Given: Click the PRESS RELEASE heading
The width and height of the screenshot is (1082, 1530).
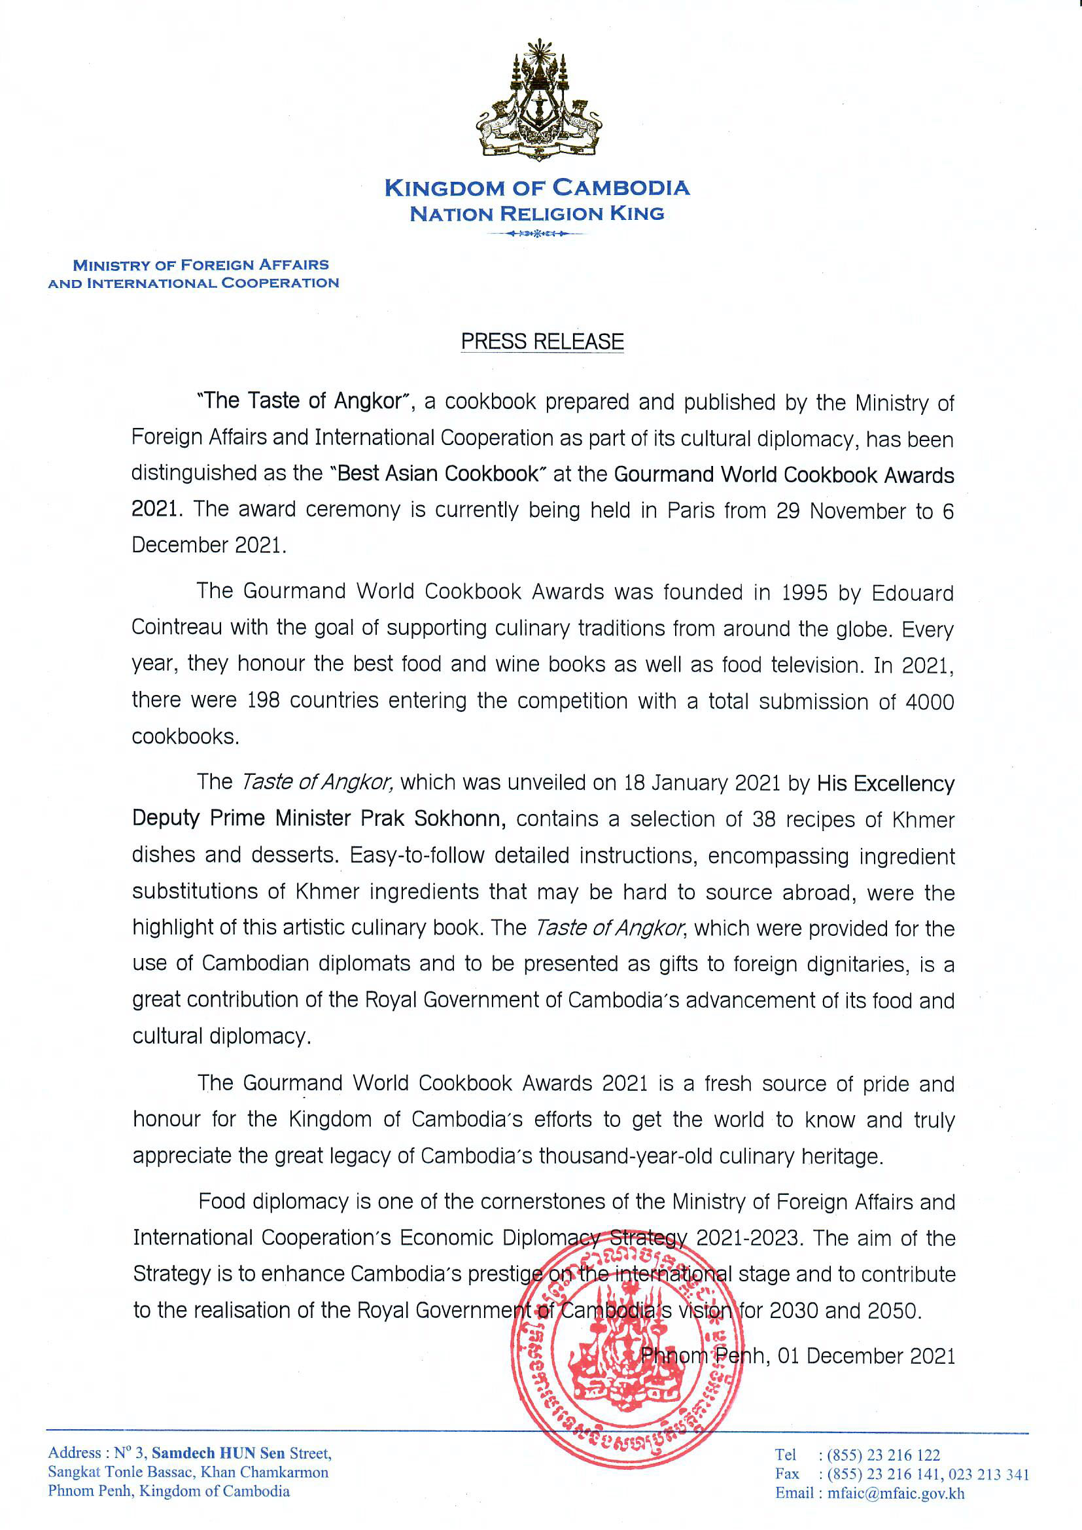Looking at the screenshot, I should tap(542, 341).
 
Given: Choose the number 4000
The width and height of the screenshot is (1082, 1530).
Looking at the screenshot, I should tap(930, 702).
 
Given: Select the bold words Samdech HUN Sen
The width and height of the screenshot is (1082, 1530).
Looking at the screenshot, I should tap(218, 1453).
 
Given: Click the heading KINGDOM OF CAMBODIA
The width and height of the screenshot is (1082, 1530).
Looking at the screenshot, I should tap(537, 188).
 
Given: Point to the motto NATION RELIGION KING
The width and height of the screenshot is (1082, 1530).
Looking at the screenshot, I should tap(537, 214).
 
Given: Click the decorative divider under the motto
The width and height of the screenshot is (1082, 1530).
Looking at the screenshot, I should tap(537, 234).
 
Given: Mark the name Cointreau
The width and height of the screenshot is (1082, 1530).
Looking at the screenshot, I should tap(175, 628).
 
